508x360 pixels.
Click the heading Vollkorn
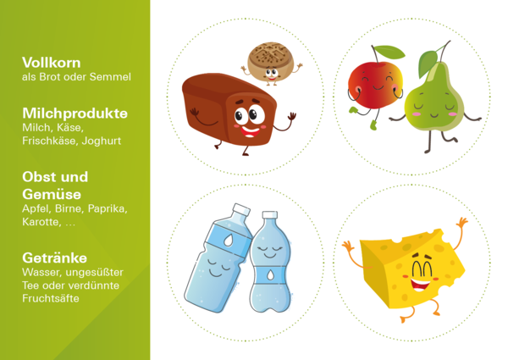[x=51, y=63]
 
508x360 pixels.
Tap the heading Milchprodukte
[x=75, y=114]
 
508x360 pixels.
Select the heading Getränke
[x=54, y=258]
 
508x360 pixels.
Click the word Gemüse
[x=52, y=195]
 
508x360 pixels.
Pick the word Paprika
[x=108, y=209]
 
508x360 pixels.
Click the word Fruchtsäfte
[x=51, y=298]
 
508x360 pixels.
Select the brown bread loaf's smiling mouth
[x=250, y=131]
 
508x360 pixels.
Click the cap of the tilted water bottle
[x=241, y=209]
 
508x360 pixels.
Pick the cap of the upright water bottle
[x=270, y=214]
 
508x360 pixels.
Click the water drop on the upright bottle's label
[x=270, y=275]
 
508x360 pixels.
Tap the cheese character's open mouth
[x=420, y=284]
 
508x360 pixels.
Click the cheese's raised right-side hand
[x=461, y=224]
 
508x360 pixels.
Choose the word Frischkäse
[x=50, y=141]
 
